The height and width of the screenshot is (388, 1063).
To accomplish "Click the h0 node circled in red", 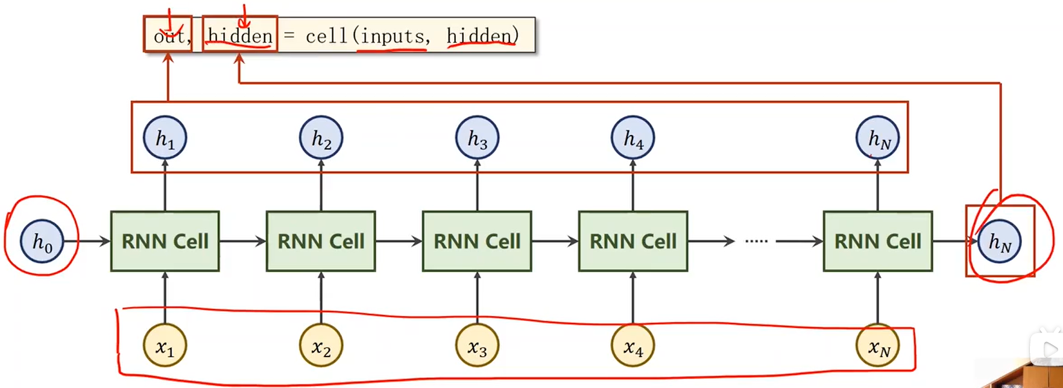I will coord(42,241).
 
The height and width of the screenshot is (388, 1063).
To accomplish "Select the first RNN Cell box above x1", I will coord(165,241).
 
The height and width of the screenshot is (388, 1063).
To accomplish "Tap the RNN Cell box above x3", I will coord(476,241).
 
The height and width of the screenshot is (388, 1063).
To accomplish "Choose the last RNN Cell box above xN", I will coord(877,241).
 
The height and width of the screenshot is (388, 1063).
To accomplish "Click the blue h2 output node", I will coord(321,138).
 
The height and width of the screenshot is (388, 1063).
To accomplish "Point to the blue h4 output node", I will coord(632,138).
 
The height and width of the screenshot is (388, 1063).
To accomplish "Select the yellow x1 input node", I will coord(165,346).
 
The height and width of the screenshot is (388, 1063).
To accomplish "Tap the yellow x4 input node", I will coord(632,346).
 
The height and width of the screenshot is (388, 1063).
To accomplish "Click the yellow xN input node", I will coord(877,346).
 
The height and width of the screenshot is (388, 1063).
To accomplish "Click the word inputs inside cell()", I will coord(392,36).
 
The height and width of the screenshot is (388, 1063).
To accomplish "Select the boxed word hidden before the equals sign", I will coord(240,36).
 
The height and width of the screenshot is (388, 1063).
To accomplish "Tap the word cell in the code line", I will coord(326,36).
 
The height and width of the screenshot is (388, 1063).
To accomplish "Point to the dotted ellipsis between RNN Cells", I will coord(756,241).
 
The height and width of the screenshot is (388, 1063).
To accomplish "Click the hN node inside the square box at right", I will coord(999,241).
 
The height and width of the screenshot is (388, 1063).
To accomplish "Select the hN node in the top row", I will coord(877,138).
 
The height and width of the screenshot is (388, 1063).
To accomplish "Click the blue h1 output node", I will coord(165,138).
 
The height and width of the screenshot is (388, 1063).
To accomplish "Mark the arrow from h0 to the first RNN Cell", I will coord(87,241).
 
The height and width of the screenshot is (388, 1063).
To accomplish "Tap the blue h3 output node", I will coord(476,138).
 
